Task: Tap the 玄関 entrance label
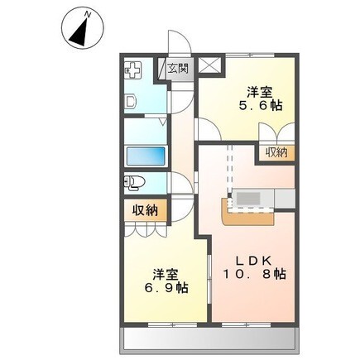(x=179, y=70)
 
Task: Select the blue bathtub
(x=145, y=156)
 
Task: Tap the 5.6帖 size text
(x=259, y=106)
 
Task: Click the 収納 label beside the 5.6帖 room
(x=276, y=151)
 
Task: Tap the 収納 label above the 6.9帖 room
(x=145, y=210)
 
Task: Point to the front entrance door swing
(x=179, y=43)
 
